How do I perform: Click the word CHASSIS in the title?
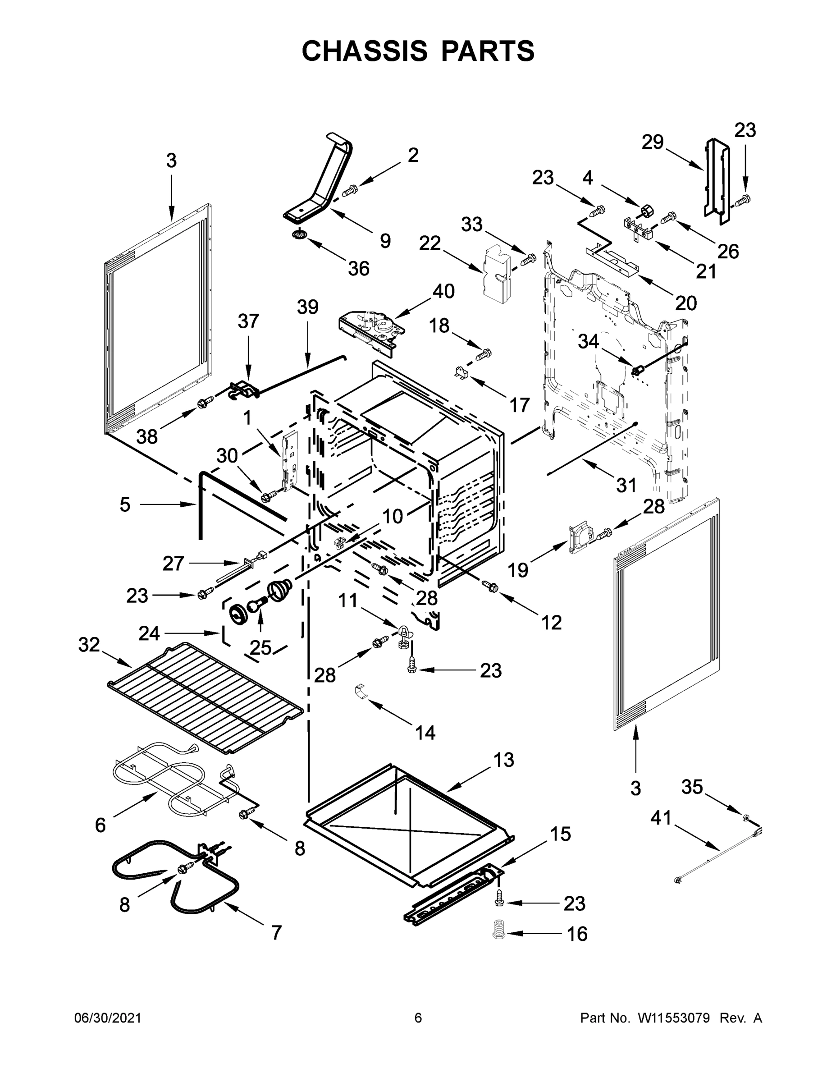[x=365, y=51]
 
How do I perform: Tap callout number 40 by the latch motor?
[x=443, y=291]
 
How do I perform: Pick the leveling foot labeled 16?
[x=499, y=930]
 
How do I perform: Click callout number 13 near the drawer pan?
[x=504, y=760]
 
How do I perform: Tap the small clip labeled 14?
[x=361, y=691]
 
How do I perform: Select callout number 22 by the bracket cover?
[x=429, y=243]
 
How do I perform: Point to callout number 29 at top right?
[x=652, y=142]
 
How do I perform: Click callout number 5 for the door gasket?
[x=125, y=505]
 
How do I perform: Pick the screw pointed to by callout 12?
[x=491, y=586]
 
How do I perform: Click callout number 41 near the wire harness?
[x=661, y=818]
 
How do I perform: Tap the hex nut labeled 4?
[x=646, y=211]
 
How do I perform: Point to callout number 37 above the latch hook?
[x=248, y=321]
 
